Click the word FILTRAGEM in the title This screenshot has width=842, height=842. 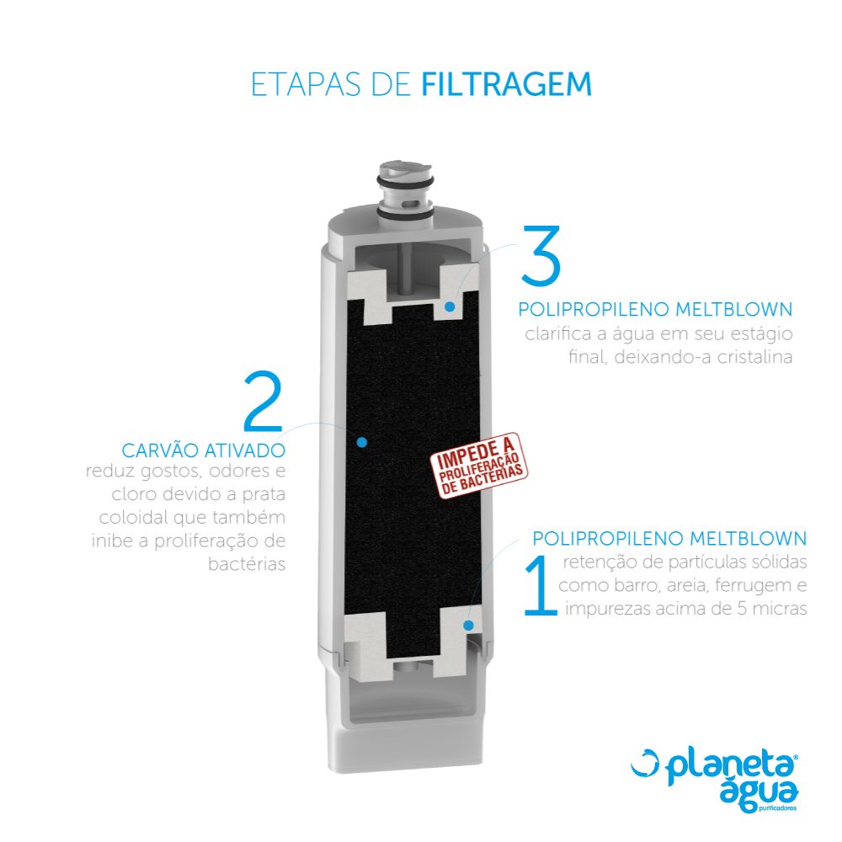pyautogui.click(x=506, y=84)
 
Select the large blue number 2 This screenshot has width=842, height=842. pyautogui.click(x=263, y=401)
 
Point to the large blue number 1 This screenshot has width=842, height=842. pyautogui.click(x=541, y=586)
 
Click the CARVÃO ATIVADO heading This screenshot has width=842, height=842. pyautogui.click(x=204, y=450)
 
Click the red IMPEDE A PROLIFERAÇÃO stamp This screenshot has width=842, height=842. pyautogui.click(x=480, y=466)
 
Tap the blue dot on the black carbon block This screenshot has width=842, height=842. pyautogui.click(x=362, y=442)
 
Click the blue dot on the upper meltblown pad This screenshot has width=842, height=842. pyautogui.click(x=450, y=306)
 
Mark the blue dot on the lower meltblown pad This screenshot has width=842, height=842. pyautogui.click(x=468, y=625)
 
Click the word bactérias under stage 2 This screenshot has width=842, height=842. pyautogui.click(x=247, y=564)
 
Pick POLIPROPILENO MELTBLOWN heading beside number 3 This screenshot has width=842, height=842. pyautogui.click(x=655, y=309)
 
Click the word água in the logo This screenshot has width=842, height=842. pyautogui.click(x=759, y=792)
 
